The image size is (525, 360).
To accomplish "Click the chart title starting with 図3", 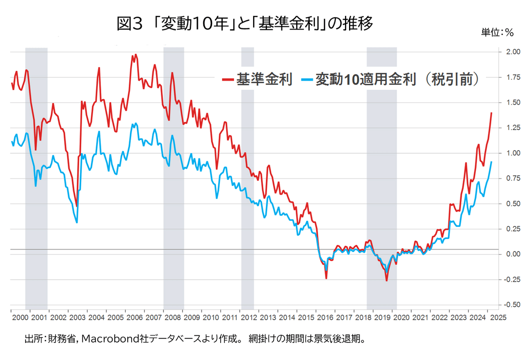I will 245,24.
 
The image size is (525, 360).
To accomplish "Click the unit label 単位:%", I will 497,33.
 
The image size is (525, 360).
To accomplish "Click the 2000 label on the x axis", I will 20,317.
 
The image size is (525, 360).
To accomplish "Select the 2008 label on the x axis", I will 173,317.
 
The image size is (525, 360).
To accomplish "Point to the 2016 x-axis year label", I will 325,317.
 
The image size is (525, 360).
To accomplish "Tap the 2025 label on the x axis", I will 497,317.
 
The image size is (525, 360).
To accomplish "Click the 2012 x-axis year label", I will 249,317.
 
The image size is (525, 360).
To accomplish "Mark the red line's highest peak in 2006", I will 136,55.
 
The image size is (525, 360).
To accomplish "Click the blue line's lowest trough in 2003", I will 77,222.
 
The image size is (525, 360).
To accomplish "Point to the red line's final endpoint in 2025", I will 491,113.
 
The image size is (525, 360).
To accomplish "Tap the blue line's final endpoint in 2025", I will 491,162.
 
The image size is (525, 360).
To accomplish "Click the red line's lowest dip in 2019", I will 386,280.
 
